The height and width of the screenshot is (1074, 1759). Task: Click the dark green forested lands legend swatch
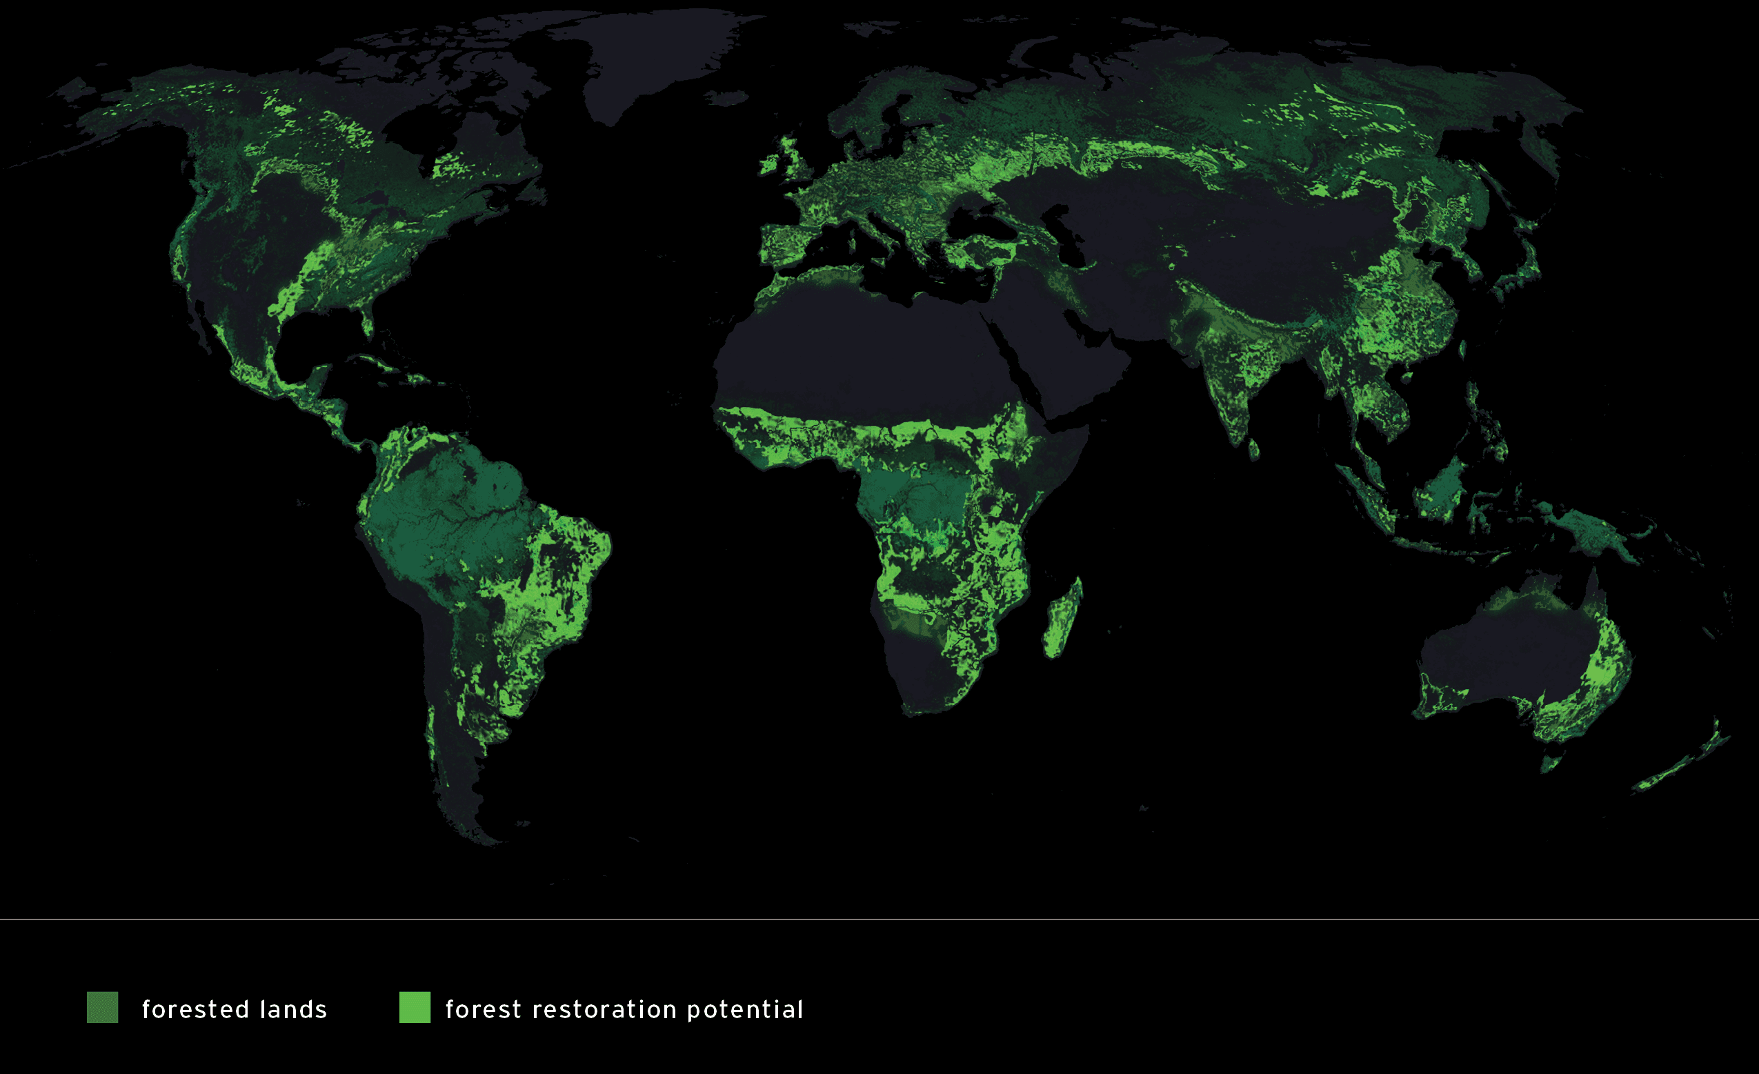coord(102,1008)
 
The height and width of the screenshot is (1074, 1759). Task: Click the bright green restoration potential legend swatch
coord(414,1008)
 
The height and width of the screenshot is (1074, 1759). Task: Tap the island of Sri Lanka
coord(1253,448)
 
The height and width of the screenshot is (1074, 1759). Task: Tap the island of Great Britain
coord(797,161)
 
